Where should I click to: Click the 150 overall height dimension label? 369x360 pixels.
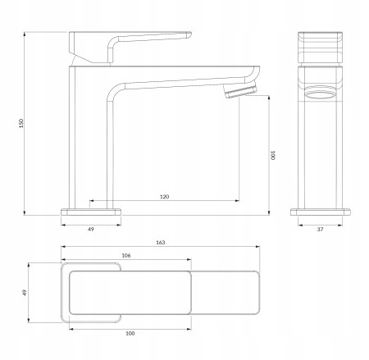click(x=21, y=123)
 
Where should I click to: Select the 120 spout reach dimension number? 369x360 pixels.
click(x=164, y=197)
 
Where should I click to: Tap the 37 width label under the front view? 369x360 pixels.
click(x=320, y=230)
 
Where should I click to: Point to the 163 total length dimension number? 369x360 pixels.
click(x=161, y=243)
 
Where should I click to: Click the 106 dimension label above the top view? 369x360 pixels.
click(x=126, y=256)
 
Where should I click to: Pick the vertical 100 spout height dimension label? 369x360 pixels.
click(x=272, y=155)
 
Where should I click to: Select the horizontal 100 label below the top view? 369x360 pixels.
click(x=130, y=333)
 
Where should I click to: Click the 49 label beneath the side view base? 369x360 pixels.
click(x=91, y=229)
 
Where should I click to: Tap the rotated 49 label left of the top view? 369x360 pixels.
click(x=25, y=293)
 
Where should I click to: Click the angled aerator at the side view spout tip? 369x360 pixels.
click(x=240, y=90)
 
